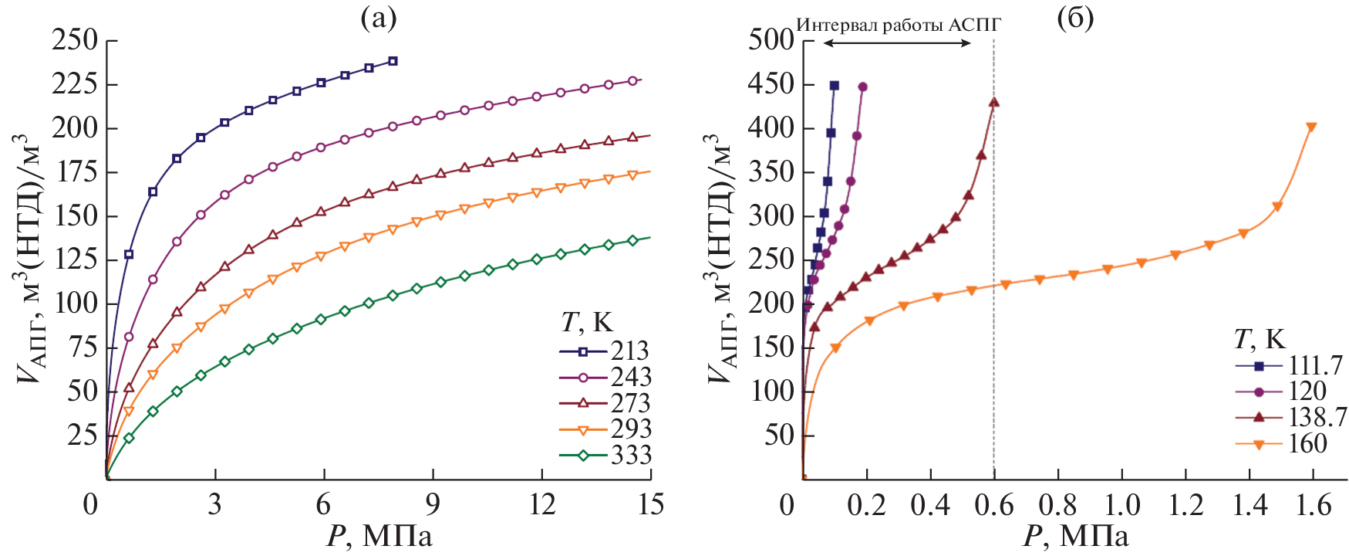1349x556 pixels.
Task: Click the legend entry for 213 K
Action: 605,351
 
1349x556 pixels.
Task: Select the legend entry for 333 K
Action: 605,456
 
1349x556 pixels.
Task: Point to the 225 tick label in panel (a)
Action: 75,84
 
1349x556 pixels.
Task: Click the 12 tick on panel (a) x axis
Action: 542,505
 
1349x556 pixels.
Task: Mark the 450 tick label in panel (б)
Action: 771,84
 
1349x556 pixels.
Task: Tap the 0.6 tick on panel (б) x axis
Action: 993,505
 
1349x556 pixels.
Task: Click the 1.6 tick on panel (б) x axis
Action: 1313,505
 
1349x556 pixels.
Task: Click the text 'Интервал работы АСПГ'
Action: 899,25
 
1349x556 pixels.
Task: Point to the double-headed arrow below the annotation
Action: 897,43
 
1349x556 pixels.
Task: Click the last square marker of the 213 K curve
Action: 393,61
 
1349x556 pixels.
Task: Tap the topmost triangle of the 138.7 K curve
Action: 993,102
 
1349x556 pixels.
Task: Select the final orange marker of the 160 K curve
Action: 1311,127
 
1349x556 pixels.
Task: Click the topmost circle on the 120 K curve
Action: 862,86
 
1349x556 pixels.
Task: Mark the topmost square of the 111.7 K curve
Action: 834,86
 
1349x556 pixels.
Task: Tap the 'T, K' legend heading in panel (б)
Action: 1260,339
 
